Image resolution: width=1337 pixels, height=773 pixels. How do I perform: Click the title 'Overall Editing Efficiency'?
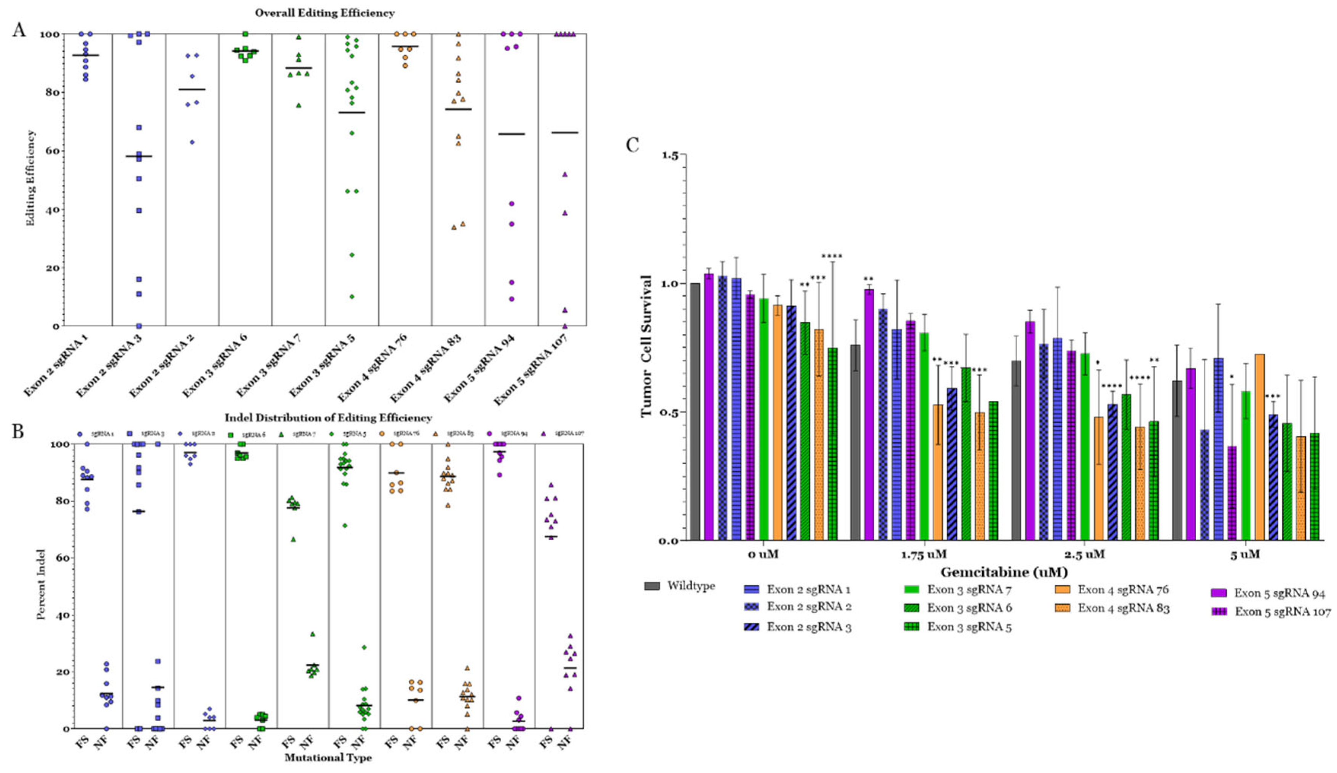click(325, 13)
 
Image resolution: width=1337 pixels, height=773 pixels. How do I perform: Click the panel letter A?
click(19, 30)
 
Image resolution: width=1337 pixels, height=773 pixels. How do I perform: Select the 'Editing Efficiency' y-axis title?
click(31, 178)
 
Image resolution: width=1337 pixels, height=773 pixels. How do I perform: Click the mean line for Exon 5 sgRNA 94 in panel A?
click(512, 134)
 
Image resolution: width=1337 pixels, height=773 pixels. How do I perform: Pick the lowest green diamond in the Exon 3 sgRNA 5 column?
click(352, 296)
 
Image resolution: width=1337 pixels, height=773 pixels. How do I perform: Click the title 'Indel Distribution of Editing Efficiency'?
click(328, 418)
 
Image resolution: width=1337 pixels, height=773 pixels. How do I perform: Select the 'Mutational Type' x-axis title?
click(328, 758)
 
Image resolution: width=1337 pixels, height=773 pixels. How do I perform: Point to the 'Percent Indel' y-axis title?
click(41, 584)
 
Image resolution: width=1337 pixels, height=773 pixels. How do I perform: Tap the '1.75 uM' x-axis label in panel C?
click(924, 555)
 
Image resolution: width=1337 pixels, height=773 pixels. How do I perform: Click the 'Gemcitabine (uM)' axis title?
click(1004, 572)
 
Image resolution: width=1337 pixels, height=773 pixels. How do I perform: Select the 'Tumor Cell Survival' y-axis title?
click(646, 346)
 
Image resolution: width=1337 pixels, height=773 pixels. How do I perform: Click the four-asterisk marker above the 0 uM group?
click(831, 257)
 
